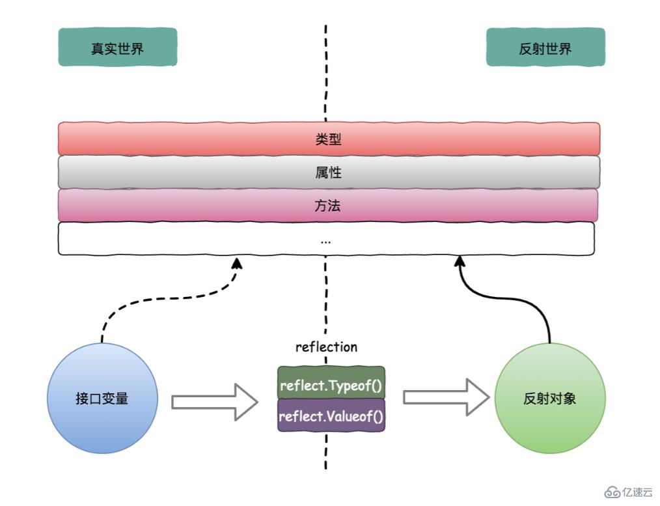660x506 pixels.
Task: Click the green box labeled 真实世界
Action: tap(117, 47)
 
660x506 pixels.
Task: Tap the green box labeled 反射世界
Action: tap(545, 47)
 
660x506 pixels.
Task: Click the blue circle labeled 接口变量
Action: tap(102, 398)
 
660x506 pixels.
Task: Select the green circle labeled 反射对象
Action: tap(550, 399)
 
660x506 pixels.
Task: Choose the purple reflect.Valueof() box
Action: tap(331, 415)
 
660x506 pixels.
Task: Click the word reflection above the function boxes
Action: tap(326, 347)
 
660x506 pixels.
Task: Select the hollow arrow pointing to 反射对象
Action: tap(446, 397)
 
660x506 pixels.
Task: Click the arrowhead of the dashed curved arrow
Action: tap(237, 262)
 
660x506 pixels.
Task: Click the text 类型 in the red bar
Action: tap(326, 138)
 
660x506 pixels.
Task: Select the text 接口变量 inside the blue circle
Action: tap(102, 398)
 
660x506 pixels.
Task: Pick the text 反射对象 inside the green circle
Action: tap(550, 399)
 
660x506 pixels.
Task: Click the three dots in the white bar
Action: tap(326, 240)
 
